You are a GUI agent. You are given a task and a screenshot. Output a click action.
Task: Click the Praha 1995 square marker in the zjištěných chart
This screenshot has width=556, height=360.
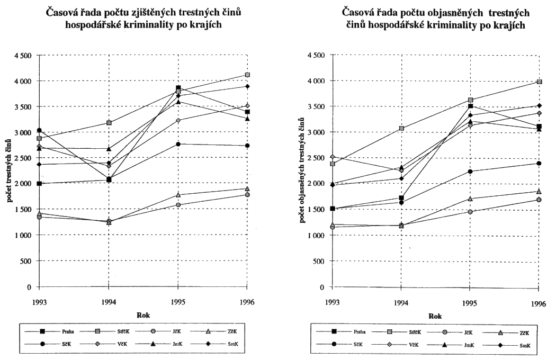pos(178,88)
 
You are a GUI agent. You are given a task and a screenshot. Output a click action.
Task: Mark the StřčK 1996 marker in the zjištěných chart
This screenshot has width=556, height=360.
pos(247,75)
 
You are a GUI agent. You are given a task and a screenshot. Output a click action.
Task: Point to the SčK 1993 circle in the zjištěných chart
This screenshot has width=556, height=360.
pos(39,130)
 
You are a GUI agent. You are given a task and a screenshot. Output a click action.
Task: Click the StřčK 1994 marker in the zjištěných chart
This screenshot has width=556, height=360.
pos(109,123)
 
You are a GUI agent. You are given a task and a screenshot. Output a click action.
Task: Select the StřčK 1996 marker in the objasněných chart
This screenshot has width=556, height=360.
pos(539,82)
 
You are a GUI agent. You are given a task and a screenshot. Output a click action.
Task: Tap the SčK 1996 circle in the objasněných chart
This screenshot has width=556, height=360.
pos(539,164)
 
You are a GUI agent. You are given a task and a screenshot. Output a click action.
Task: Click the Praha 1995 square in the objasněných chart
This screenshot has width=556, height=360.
pos(470,106)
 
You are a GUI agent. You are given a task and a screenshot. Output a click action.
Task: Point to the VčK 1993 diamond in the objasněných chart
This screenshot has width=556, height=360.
pos(333,157)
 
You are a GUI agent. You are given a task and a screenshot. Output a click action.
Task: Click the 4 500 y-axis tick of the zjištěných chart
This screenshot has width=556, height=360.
pos(22,55)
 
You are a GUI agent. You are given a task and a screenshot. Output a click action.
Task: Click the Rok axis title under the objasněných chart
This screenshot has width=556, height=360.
pos(435,316)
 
